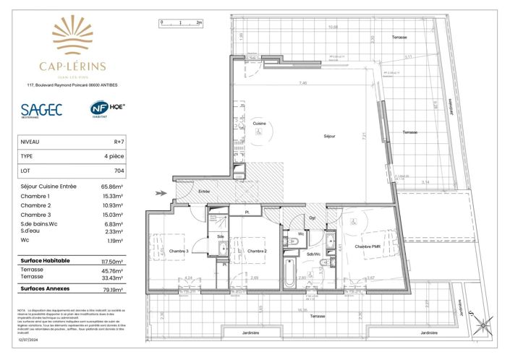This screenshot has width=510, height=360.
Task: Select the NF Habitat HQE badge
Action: pyautogui.click(x=107, y=109)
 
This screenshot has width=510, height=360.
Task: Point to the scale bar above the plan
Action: pyautogui.click(x=180, y=23)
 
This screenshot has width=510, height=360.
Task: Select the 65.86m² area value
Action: pyautogui.click(x=110, y=187)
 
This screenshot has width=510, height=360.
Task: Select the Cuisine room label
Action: pyautogui.click(x=258, y=124)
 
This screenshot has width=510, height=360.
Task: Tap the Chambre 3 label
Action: pyautogui.click(x=179, y=251)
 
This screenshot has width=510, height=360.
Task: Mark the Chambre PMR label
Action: pyautogui.click(x=367, y=247)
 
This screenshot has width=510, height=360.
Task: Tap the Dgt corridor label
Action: pyautogui.click(x=312, y=217)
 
